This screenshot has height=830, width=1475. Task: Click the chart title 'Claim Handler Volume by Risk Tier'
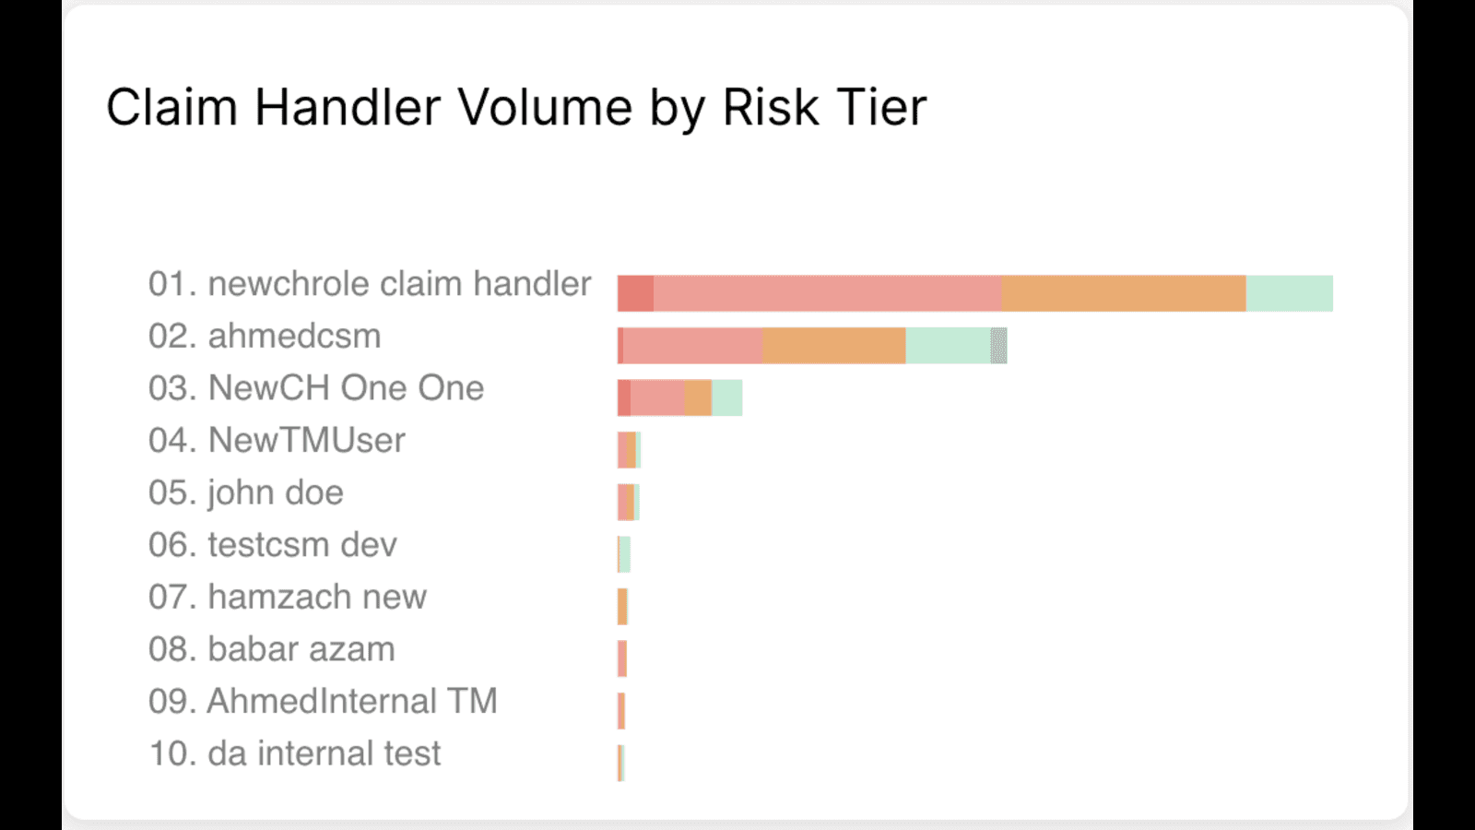[516, 107]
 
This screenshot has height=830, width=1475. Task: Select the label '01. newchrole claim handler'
[370, 284]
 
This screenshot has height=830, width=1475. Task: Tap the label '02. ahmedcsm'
[265, 336]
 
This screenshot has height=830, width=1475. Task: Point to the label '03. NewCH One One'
[316, 388]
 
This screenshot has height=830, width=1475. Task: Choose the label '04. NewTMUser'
[277, 440]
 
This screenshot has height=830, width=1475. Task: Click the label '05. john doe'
[245, 492]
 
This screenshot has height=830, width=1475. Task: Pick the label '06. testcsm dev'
[273, 545]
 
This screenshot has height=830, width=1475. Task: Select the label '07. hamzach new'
[287, 597]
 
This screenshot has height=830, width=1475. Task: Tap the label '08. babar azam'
[271, 649]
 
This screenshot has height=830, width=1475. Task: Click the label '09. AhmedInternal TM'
[323, 701]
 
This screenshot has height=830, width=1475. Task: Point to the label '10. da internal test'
[294, 753]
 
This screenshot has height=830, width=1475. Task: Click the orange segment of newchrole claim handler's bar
[1124, 293]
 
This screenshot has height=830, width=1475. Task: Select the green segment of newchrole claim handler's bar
[1290, 293]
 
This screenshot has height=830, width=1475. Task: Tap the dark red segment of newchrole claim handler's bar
[635, 293]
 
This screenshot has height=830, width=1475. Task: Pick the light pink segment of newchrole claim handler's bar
[828, 293]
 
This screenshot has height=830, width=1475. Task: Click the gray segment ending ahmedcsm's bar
[999, 345]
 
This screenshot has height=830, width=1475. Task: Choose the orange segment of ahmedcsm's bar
[834, 345]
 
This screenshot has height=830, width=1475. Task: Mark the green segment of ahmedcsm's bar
[949, 345]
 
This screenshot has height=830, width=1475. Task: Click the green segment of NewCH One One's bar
[727, 397]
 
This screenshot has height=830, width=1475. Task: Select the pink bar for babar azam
[622, 658]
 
